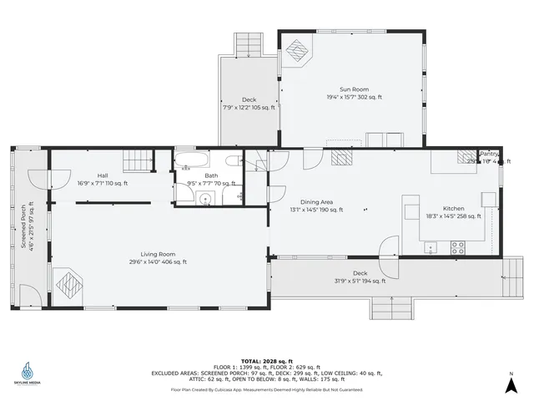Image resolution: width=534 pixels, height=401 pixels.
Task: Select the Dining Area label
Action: tap(317, 201)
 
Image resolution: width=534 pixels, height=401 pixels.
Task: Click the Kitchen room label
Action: tap(454, 208)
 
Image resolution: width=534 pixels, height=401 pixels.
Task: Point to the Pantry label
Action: tap(489, 154)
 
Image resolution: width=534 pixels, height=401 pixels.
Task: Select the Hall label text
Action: tap(103, 175)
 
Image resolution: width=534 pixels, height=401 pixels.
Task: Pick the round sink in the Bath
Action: tap(204, 198)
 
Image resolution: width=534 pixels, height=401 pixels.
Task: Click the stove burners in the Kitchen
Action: tap(458, 246)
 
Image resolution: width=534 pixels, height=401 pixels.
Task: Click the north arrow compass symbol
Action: tap(510, 383)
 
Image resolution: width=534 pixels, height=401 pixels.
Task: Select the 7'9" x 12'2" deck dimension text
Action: tap(249, 108)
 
